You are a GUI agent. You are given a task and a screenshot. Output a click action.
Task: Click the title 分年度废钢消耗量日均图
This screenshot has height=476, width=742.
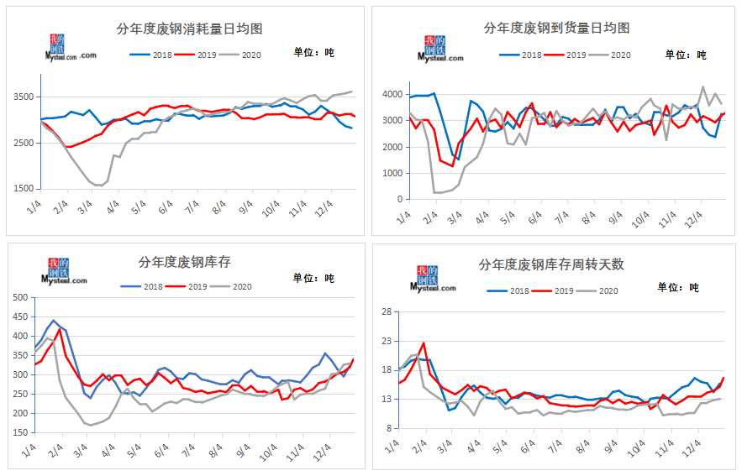click(189, 29)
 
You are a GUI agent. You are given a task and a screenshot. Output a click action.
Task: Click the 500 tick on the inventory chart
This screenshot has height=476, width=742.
click(18, 297)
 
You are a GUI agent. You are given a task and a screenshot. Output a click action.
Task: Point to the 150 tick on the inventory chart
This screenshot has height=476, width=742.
click(18, 433)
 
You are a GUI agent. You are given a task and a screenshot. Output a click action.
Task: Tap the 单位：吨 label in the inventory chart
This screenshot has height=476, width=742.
click(313, 277)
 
